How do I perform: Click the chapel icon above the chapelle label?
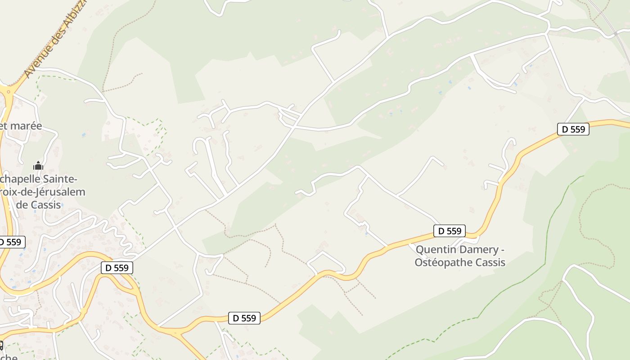tap(38, 166)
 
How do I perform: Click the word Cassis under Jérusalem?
tap(45, 205)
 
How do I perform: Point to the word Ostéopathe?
tap(442, 262)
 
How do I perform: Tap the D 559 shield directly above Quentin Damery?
tap(450, 231)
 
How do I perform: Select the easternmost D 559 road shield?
tap(573, 130)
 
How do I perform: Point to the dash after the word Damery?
tap(502, 250)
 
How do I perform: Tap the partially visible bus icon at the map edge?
tap(1, 346)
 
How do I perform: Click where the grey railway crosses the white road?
tap(615, 33)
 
